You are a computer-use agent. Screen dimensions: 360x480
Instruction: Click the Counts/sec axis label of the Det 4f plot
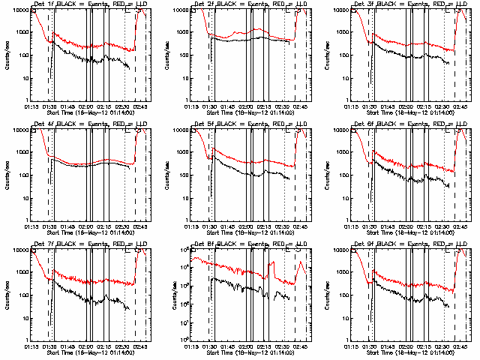[x=8, y=174]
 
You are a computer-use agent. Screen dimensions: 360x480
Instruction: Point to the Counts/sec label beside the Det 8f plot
[x=169, y=294]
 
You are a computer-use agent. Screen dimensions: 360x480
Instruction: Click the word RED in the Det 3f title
[x=429, y=4]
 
